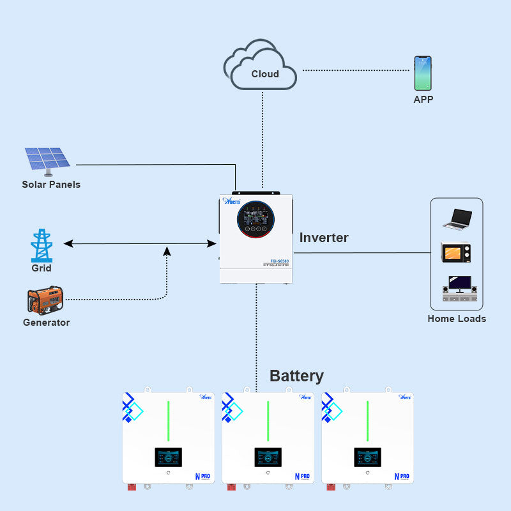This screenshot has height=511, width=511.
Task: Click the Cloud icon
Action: click(x=261, y=66)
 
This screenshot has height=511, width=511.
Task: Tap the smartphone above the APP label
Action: click(x=422, y=73)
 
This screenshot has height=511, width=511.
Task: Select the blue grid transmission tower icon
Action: click(x=42, y=245)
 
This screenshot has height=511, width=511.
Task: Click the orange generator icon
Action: click(x=45, y=300)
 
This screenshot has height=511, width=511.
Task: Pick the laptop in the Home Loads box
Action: click(x=457, y=219)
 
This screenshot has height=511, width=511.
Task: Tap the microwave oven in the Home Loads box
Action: click(x=457, y=252)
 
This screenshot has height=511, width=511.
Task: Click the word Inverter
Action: click(x=324, y=238)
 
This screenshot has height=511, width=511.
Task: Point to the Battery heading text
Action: click(x=296, y=376)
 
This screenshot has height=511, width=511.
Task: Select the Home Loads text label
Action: click(x=457, y=319)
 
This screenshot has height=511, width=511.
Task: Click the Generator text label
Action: click(x=46, y=323)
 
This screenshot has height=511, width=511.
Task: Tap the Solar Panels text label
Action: click(x=51, y=185)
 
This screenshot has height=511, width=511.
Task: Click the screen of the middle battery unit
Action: click(x=268, y=457)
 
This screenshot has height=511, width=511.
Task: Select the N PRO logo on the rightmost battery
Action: click(x=401, y=477)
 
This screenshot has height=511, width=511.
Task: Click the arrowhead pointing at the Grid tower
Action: click(x=68, y=243)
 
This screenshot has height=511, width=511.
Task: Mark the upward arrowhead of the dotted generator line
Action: click(x=167, y=252)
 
